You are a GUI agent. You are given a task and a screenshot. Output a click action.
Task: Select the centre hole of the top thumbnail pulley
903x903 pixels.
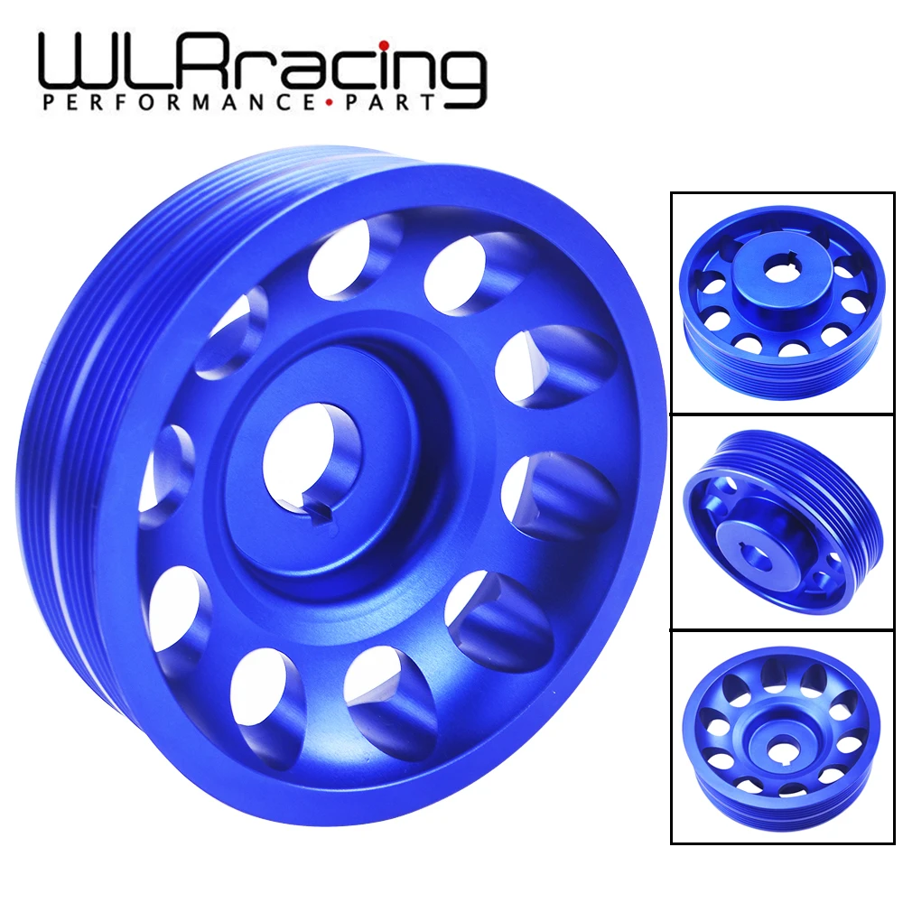coord(778,268)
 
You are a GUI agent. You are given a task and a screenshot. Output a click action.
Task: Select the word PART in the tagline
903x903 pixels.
coord(394,103)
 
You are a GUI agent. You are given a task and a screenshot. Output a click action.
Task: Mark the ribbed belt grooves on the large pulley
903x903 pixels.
coord(54,451)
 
